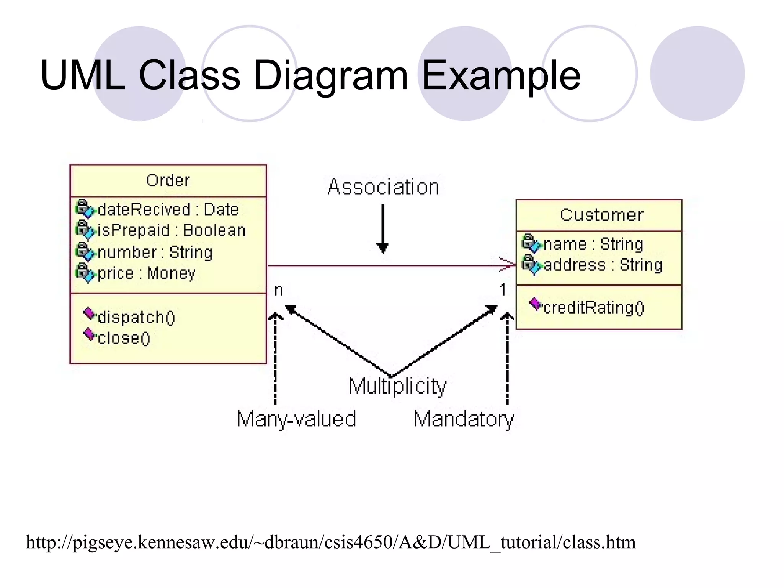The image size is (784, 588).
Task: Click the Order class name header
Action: pos(168,181)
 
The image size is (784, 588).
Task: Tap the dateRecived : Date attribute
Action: pos(168,210)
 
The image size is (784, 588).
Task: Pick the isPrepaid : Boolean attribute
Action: pos(171,230)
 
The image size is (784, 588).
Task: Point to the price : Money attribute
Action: pos(146,273)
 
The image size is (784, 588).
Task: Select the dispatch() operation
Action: pos(136,317)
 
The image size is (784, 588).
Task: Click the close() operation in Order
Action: pos(124,338)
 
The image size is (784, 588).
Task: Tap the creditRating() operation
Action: pos(593,307)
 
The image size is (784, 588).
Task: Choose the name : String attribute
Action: pos(593,244)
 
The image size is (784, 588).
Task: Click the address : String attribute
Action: pos(603,265)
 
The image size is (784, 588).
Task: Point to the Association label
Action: pos(383,187)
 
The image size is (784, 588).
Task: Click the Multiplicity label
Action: pos(397,386)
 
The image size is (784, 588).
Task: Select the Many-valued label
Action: pos(296,419)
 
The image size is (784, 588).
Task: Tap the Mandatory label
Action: pos(464,419)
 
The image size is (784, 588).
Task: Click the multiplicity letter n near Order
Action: pos(278,291)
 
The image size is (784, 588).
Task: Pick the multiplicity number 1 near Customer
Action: pos(503,290)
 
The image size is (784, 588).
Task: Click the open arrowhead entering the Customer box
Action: pos(508,264)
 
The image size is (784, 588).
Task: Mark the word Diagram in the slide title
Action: pos(331,75)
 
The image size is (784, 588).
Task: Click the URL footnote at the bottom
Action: pos(331,542)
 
